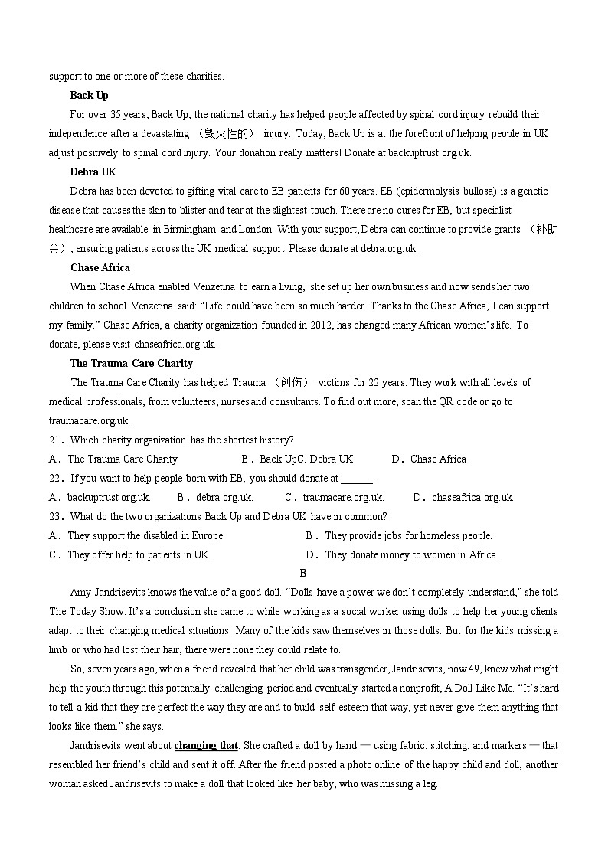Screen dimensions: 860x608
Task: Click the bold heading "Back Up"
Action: [89, 95]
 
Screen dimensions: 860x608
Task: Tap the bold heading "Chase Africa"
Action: [100, 267]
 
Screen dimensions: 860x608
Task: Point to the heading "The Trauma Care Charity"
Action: [131, 363]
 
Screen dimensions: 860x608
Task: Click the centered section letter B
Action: [303, 573]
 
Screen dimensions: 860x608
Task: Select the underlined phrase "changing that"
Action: [206, 745]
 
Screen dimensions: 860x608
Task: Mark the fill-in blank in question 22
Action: [356, 478]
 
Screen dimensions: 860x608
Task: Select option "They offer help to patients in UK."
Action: [139, 554]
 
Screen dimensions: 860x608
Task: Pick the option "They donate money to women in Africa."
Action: [411, 554]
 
